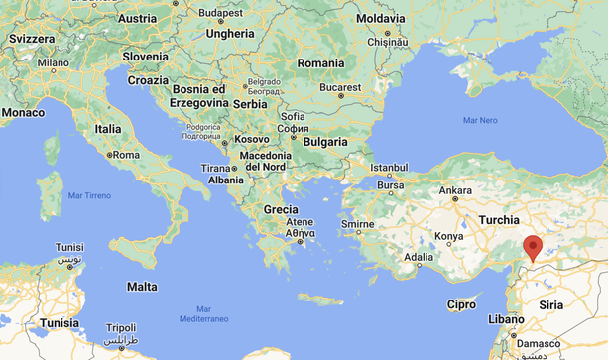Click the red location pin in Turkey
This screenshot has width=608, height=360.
534,247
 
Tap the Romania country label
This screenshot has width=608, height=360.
319,62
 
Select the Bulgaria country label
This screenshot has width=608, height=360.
325,142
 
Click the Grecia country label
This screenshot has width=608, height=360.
282,210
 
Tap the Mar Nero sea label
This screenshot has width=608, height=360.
480,120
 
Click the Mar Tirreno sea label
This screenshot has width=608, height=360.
89,196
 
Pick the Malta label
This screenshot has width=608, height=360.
142,287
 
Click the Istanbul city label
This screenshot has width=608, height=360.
389,166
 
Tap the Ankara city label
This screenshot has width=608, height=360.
455,189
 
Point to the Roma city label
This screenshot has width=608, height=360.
125,156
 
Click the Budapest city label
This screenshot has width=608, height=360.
220,13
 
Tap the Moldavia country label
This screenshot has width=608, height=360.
380,19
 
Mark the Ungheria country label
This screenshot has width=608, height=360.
229,33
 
